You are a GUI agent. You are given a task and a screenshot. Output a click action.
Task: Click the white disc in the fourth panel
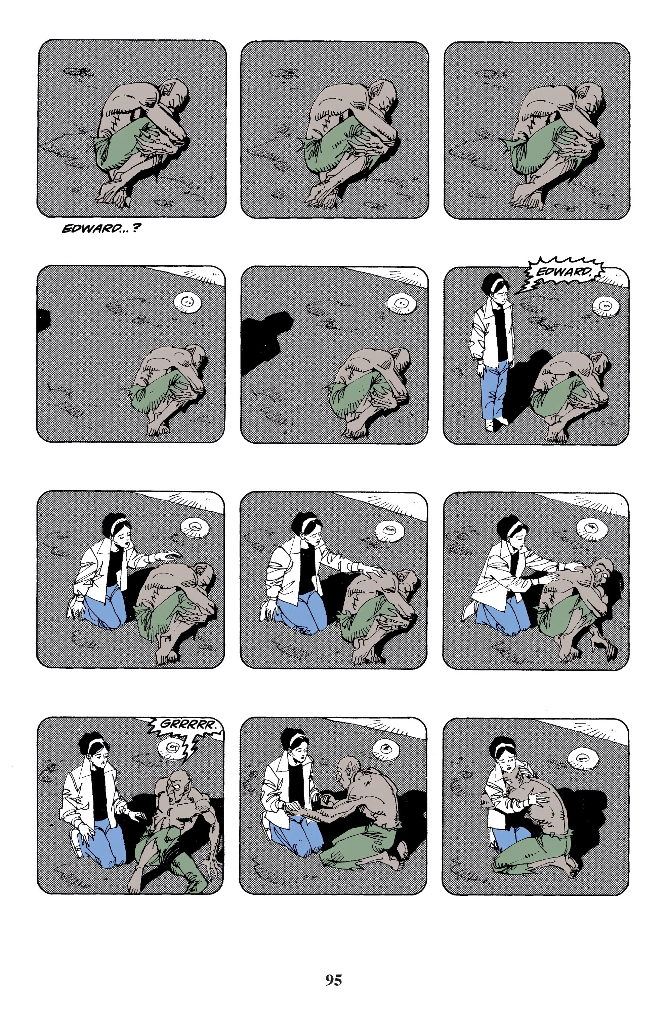tap(188, 301)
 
